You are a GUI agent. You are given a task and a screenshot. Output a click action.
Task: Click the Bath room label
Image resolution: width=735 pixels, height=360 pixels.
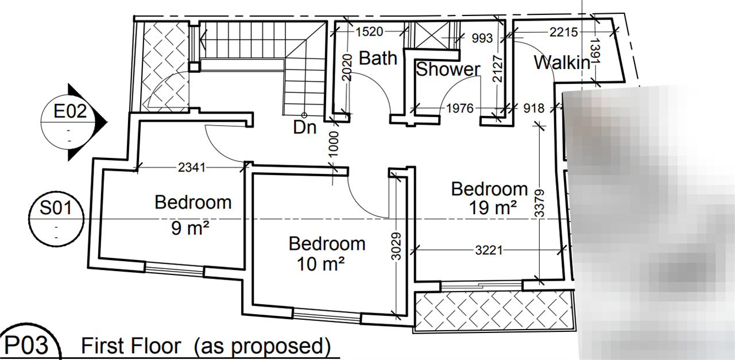[x=378, y=59]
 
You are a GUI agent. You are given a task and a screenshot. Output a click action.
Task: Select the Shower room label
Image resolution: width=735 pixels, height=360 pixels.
[x=448, y=69]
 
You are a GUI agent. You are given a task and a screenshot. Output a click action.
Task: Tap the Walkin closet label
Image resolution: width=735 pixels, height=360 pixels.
[x=562, y=63]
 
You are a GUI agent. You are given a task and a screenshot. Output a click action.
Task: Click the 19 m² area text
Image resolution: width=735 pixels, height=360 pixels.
[x=493, y=208]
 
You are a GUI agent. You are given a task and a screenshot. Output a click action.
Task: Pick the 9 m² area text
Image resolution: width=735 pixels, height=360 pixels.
[x=190, y=228]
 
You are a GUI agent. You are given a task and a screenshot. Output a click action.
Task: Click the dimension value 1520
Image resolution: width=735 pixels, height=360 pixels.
[x=369, y=32]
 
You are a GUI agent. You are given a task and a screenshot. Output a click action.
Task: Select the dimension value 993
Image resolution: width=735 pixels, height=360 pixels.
[x=482, y=38]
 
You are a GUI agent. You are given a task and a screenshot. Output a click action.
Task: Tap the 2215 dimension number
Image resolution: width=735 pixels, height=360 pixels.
[x=564, y=32]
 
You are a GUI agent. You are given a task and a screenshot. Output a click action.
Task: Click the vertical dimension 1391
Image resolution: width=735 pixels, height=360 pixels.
[x=595, y=51]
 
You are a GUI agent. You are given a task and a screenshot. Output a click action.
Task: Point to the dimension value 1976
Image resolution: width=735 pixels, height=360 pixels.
[x=460, y=109]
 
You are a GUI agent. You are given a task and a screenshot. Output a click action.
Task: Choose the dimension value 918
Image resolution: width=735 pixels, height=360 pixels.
[x=534, y=109]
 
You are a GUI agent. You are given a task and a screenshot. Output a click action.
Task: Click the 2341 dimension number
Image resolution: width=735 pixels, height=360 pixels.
[x=192, y=168]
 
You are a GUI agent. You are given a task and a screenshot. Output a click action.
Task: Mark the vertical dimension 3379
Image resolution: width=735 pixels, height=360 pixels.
[x=539, y=203]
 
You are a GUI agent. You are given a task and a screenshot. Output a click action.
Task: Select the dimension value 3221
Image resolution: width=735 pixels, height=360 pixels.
[x=489, y=251]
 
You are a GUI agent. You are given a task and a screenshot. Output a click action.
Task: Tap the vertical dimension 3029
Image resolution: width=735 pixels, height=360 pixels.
[x=396, y=246]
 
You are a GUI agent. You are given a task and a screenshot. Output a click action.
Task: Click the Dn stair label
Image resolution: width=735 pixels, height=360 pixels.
[x=305, y=127]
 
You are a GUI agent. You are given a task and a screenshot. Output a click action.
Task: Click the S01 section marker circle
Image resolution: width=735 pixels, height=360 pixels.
[x=56, y=219]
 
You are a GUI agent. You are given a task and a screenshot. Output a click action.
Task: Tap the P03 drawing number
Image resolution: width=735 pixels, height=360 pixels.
[x=26, y=345]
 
